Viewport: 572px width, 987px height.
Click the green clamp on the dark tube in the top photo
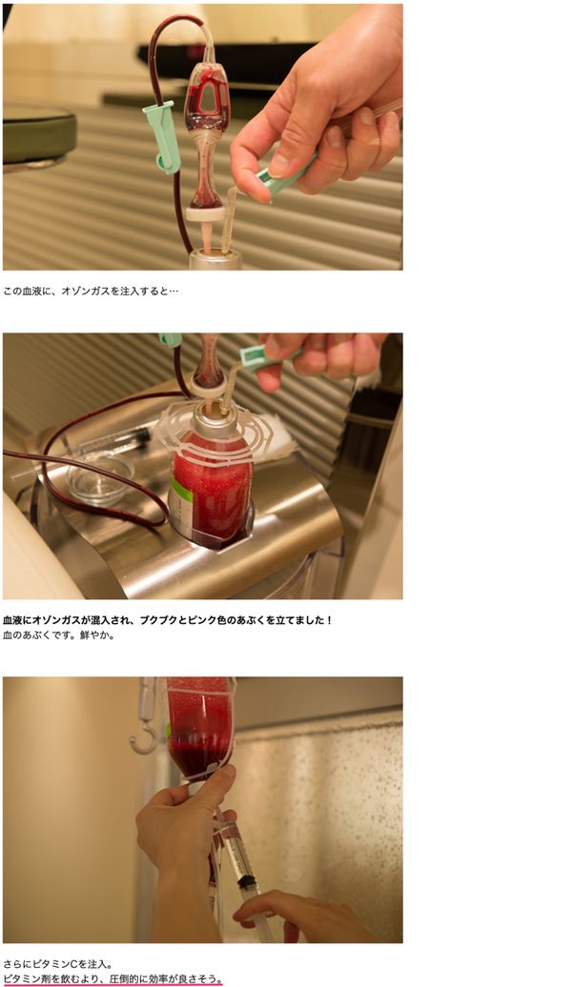tap(162, 137)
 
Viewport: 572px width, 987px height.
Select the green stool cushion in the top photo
tap(39, 133)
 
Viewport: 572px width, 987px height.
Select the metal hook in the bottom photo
tap(144, 716)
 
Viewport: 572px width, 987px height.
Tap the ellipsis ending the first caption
tap(174, 292)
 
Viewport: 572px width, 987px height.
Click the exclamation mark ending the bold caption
tap(329, 620)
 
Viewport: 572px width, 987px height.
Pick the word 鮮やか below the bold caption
tap(94, 635)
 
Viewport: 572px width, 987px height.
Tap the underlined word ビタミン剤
tap(29, 979)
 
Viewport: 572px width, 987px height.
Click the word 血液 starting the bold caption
tap(13, 620)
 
